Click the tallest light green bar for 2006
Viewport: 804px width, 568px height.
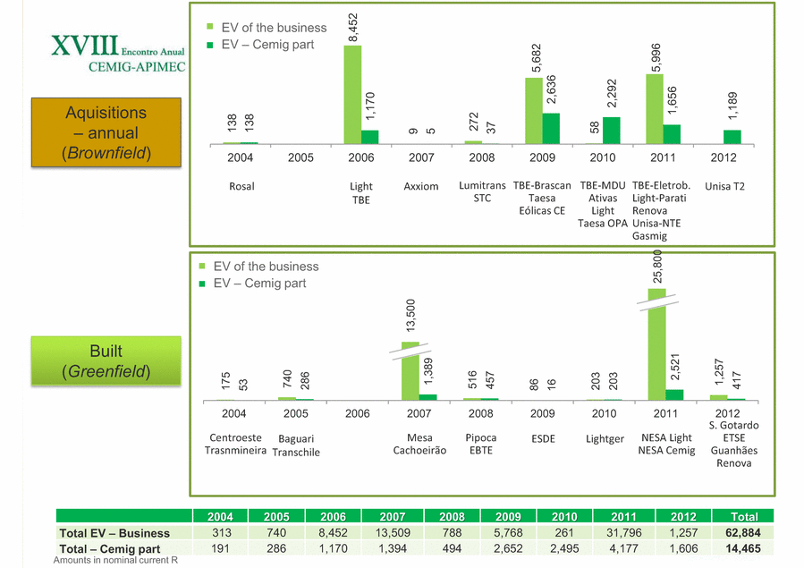click(x=352, y=94)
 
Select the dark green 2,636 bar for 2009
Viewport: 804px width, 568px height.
click(x=551, y=128)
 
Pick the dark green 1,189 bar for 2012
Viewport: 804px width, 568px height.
click(x=732, y=137)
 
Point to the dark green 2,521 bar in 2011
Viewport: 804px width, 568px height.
click(x=674, y=394)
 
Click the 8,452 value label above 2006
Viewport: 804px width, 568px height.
click(x=353, y=27)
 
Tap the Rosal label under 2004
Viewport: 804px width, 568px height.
click(x=241, y=187)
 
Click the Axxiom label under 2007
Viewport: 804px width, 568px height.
click(x=421, y=187)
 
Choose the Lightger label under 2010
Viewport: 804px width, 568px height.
click(x=605, y=439)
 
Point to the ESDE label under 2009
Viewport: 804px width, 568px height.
click(x=543, y=439)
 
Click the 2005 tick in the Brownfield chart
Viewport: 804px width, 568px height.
click(x=301, y=158)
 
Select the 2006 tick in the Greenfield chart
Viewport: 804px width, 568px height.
click(x=357, y=414)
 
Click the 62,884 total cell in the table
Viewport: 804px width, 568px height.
click(x=744, y=533)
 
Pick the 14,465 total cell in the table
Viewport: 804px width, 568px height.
click(x=744, y=549)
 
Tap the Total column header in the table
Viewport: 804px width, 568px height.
click(x=744, y=517)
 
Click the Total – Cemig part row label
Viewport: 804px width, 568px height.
click(x=109, y=549)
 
